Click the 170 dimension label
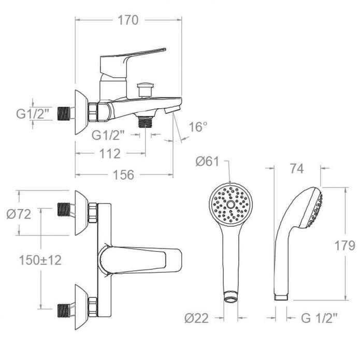[128, 20]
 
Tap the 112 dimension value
[110, 153]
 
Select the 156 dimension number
[123, 175]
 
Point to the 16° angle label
[198, 126]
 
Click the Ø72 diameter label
[19, 214]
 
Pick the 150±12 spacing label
[40, 260]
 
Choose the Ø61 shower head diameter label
[207, 161]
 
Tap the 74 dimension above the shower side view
[297, 168]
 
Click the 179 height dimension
[344, 245]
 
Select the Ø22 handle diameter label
[196, 318]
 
